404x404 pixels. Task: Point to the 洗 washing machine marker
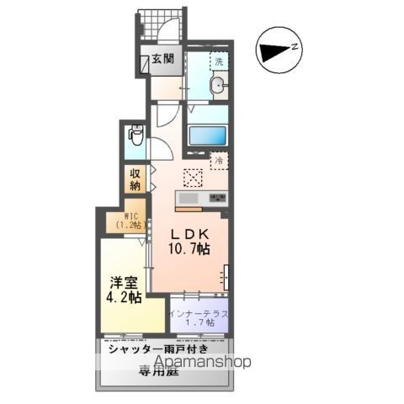218,61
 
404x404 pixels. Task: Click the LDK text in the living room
190,235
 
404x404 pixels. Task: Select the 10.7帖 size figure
192,249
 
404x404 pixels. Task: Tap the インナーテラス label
199,313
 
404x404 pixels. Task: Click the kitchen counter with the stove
202,199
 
